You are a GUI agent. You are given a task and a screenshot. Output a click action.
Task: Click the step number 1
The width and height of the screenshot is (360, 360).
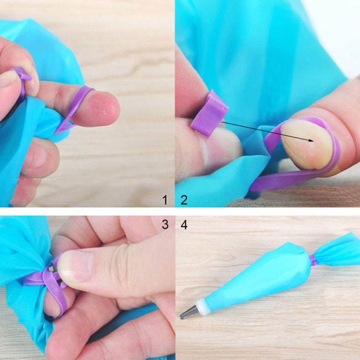(165, 200)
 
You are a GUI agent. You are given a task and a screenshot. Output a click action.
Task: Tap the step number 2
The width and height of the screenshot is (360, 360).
(184, 200)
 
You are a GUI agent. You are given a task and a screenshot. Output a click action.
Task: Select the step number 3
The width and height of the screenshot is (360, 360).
(165, 224)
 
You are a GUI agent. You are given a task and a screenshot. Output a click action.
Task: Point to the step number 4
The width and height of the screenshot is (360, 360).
(184, 225)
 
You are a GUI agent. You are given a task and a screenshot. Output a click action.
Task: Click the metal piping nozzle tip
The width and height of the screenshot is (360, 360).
(188, 312)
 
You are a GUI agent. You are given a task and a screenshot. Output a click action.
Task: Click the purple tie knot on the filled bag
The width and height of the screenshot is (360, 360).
(312, 260)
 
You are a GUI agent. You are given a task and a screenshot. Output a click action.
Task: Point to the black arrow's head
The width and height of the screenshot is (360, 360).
(310, 140)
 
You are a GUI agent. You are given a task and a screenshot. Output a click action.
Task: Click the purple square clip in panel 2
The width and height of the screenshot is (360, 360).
(209, 112)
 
